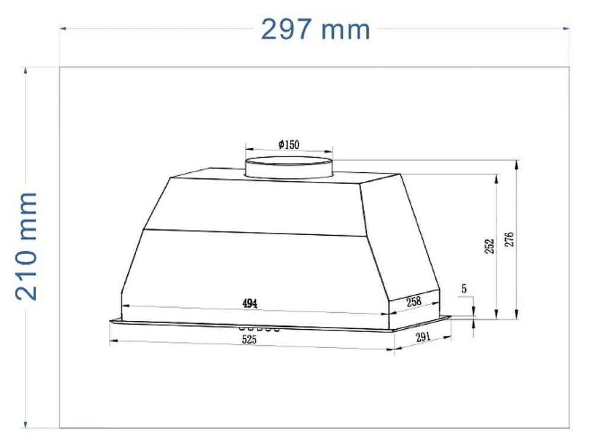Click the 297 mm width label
click(316, 30)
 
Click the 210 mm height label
click(27, 246)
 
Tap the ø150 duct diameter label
click(289, 145)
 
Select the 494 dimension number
click(250, 303)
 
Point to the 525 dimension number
click(249, 339)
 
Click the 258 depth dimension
click(414, 302)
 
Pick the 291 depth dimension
click(423, 336)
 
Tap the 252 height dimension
click(490, 246)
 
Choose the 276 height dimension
click(510, 239)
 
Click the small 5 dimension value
click(464, 289)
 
